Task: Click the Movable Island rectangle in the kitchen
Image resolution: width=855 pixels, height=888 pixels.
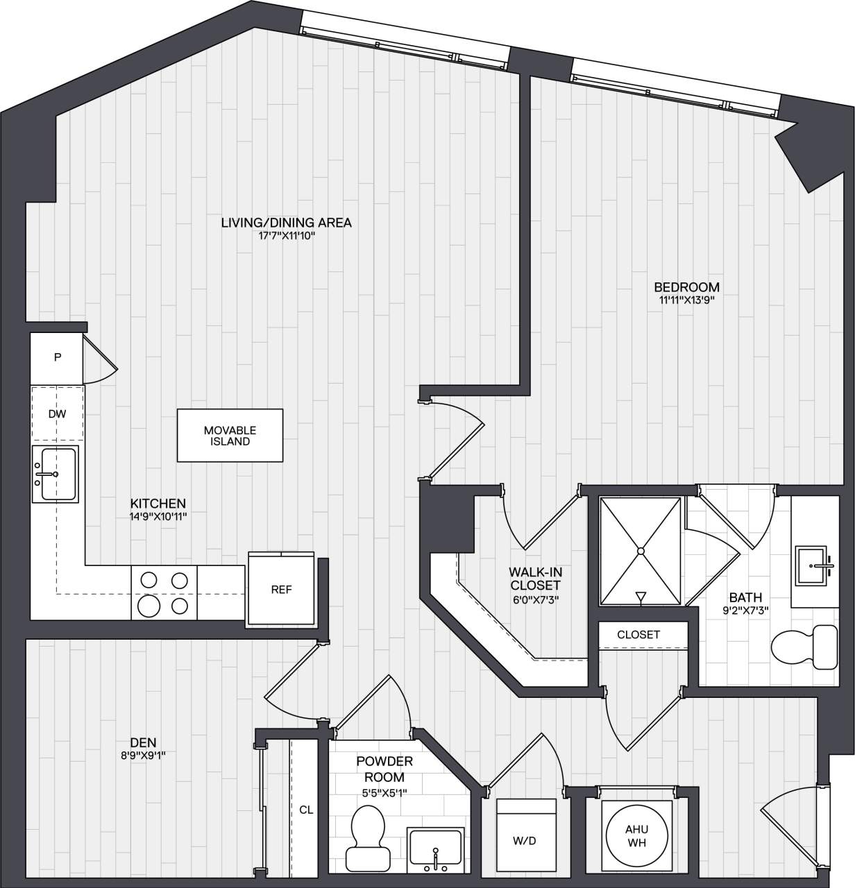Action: click(230, 436)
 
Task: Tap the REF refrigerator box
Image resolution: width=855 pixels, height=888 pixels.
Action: click(281, 590)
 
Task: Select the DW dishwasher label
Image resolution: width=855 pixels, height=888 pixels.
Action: click(57, 414)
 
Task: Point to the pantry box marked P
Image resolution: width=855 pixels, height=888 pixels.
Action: click(58, 357)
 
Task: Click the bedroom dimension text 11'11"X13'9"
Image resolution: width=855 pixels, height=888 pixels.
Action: click(686, 300)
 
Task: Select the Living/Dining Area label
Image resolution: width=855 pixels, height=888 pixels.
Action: click(286, 223)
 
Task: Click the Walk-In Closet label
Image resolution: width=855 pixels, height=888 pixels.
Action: click(535, 579)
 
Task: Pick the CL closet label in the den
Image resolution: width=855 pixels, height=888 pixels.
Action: click(306, 809)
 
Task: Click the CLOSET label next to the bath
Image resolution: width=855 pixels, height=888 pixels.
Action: click(638, 634)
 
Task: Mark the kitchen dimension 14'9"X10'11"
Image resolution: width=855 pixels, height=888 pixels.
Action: click(158, 516)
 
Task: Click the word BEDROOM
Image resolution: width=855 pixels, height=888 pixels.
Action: click(686, 287)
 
